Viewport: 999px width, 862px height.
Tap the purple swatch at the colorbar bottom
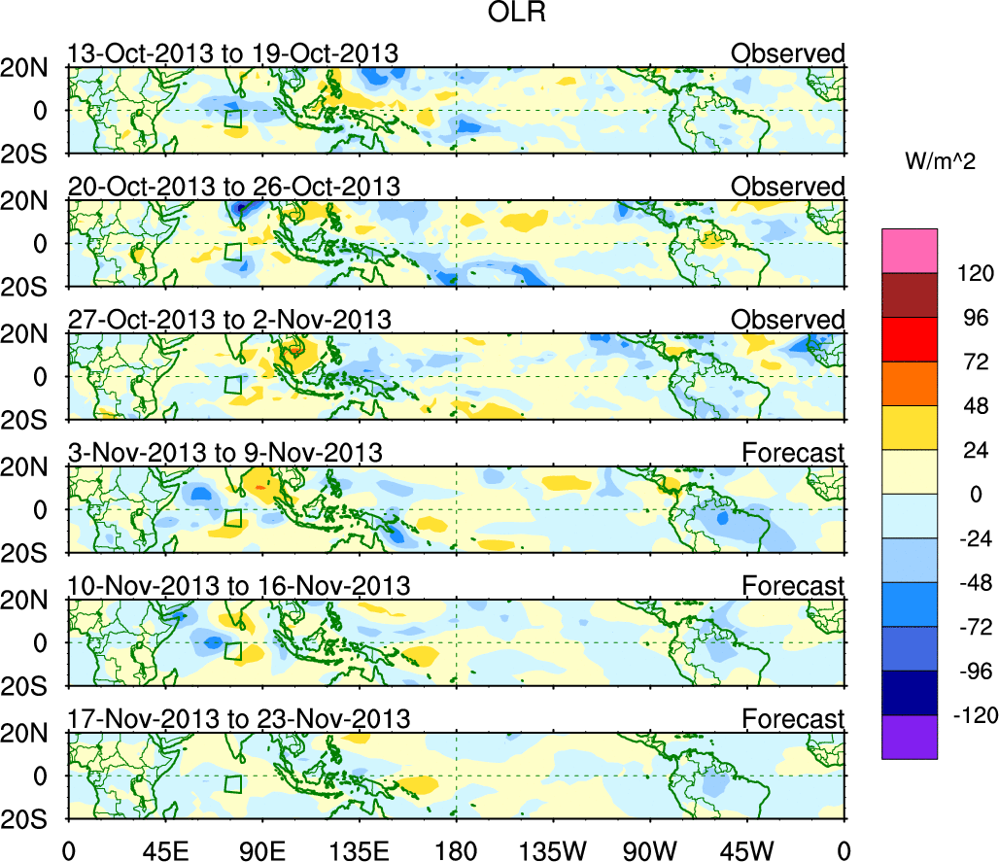[x=910, y=737]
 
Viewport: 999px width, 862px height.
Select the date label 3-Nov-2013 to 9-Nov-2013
[x=225, y=453]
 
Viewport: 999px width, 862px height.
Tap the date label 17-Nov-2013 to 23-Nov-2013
[x=239, y=719]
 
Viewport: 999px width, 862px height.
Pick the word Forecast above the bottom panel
[x=793, y=719]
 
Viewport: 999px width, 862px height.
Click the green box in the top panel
[x=233, y=119]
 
